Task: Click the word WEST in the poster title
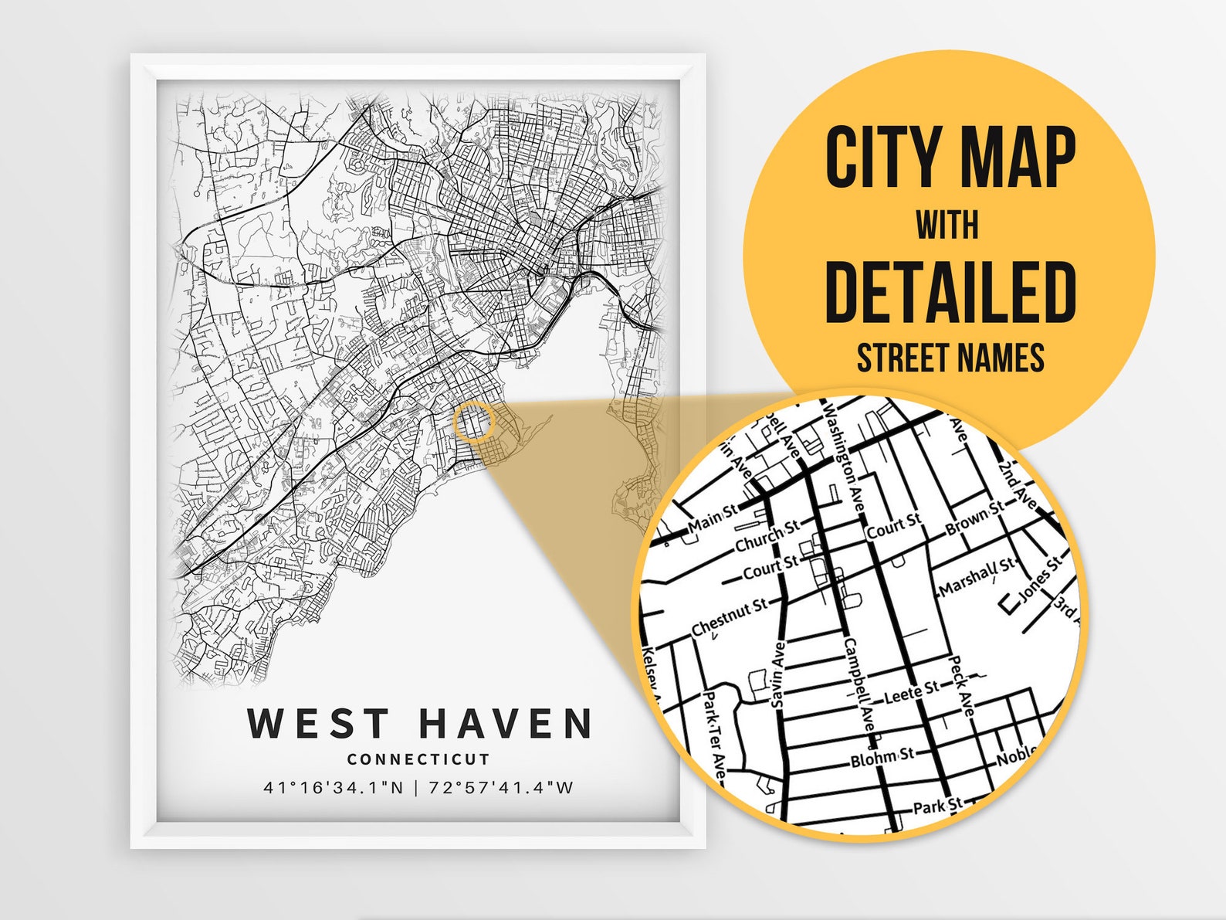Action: [317, 724]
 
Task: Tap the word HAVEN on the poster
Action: [506, 724]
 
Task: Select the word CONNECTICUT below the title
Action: [418, 759]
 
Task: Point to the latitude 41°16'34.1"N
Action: [334, 788]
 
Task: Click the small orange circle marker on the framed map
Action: [473, 422]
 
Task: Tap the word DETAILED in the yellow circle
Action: [950, 293]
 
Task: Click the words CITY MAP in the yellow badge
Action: [950, 158]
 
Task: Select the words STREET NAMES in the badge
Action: [950, 358]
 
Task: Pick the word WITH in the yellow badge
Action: [947, 226]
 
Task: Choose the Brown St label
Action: [974, 518]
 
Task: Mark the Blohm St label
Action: [882, 758]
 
